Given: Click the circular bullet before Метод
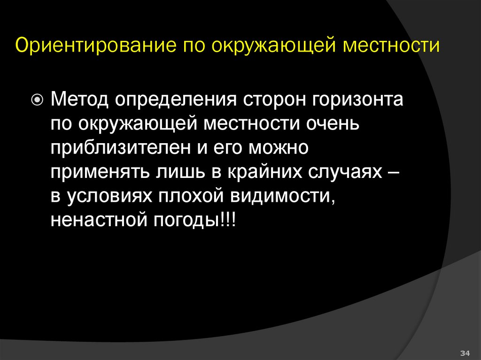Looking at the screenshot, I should pyautogui.click(x=38, y=100).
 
